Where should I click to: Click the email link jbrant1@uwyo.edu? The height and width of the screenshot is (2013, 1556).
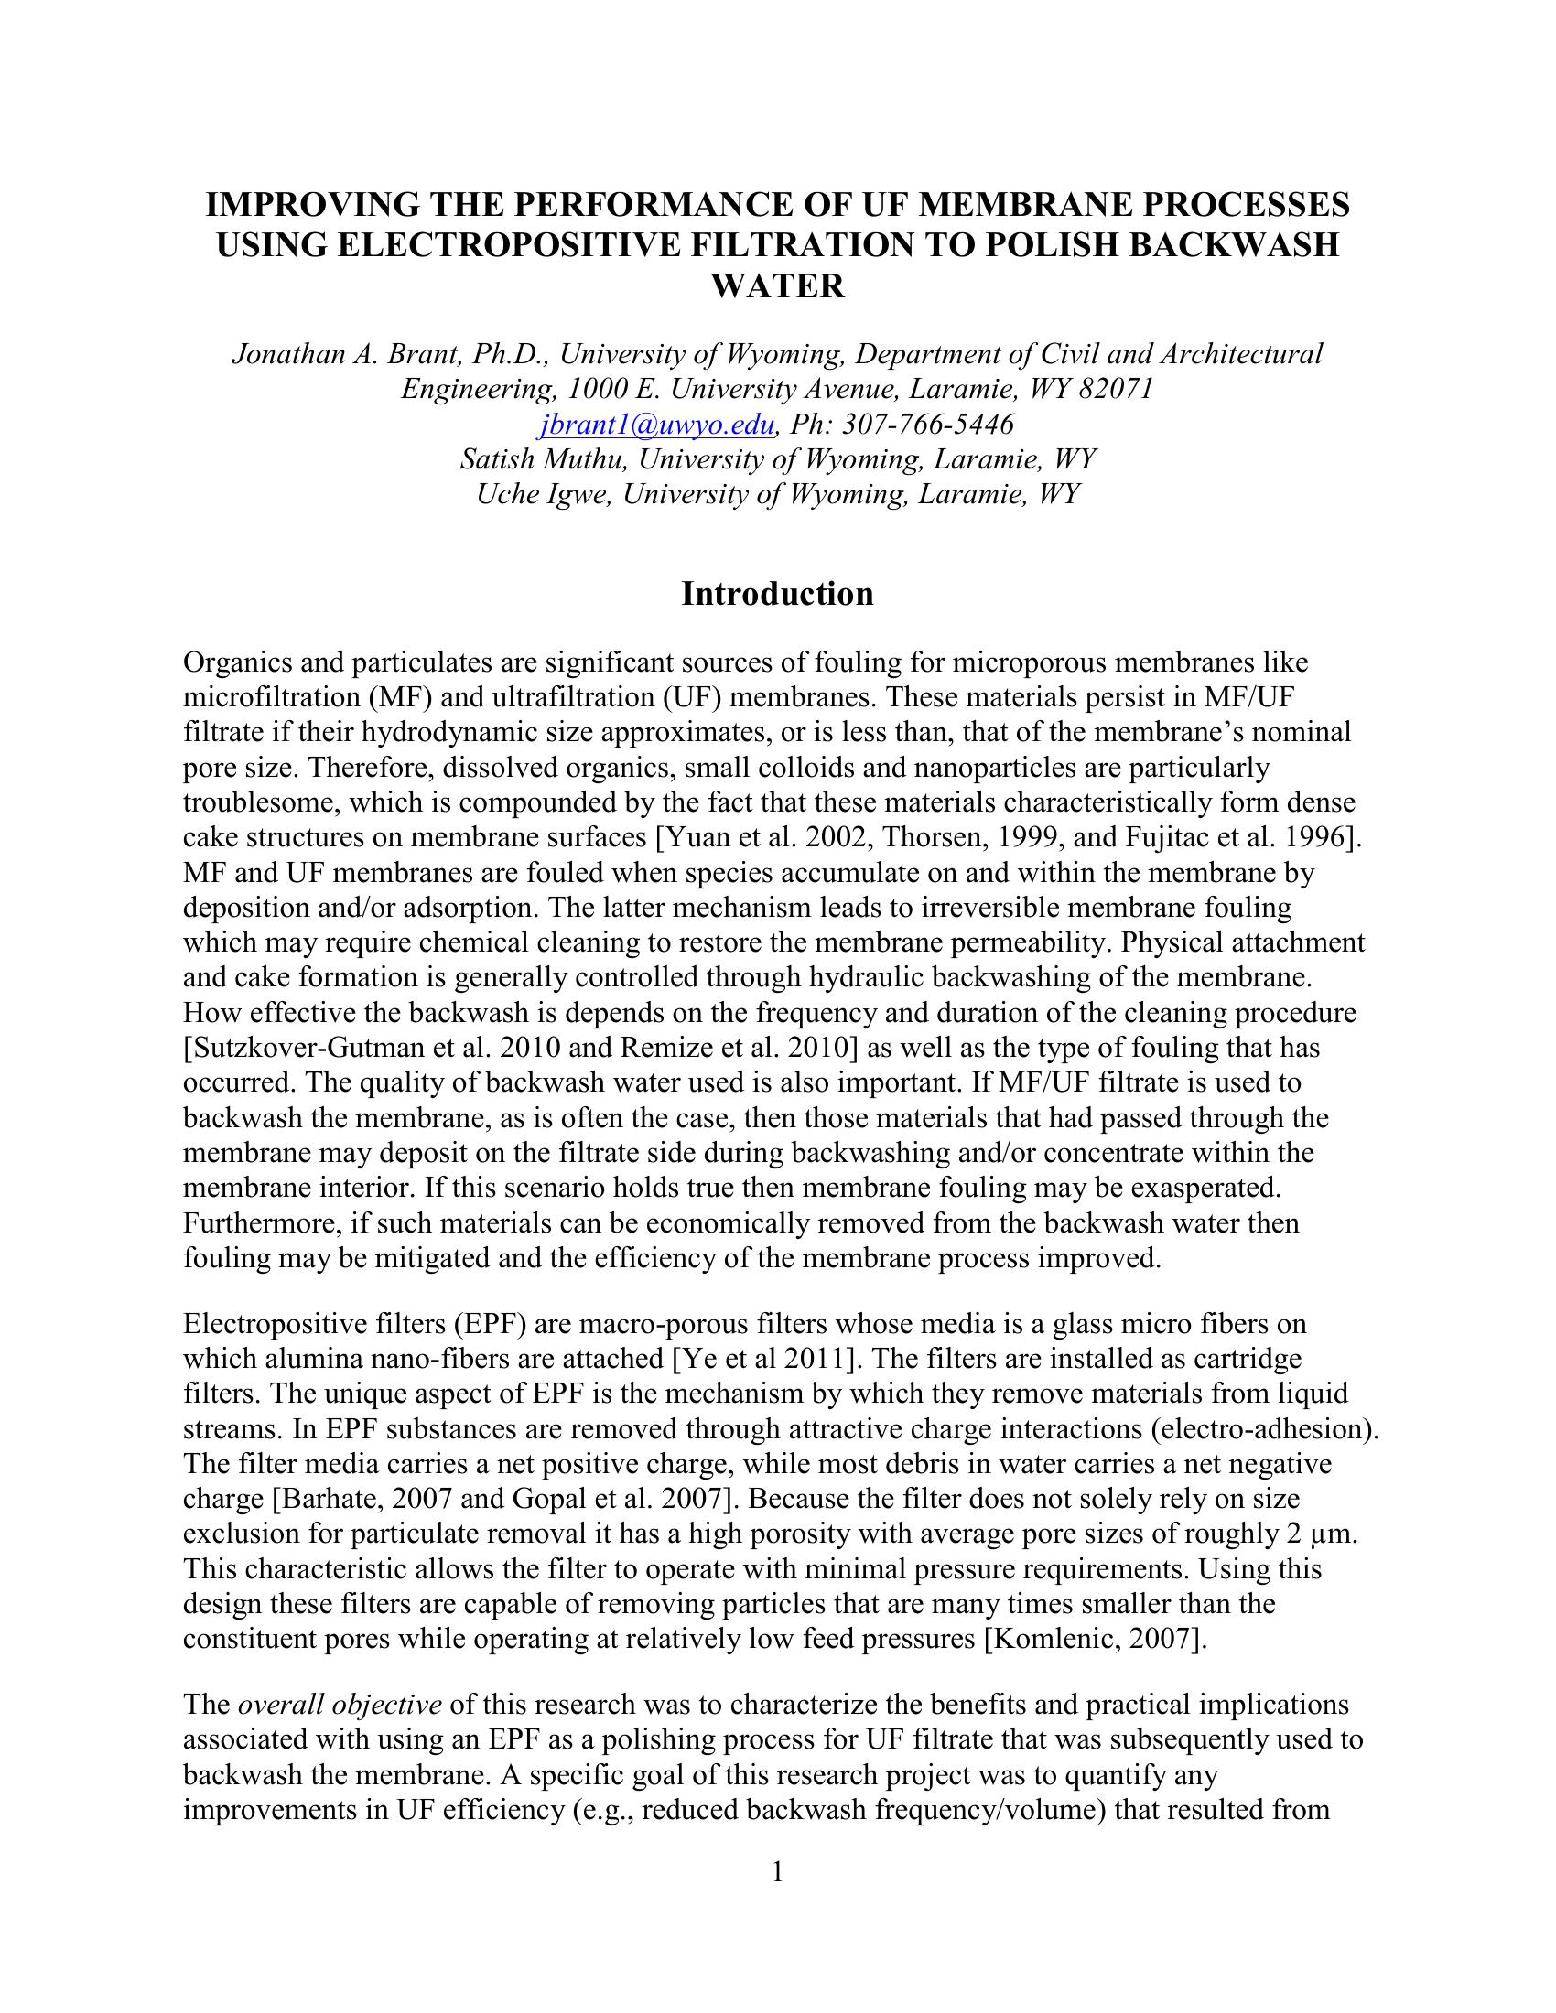[655, 424]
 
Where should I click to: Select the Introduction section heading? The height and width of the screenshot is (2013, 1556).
[777, 594]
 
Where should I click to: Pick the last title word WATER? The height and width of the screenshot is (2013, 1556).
[777, 285]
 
